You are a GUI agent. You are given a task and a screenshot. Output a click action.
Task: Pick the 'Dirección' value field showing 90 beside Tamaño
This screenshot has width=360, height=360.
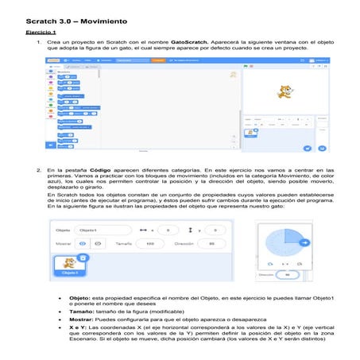pos(211,244)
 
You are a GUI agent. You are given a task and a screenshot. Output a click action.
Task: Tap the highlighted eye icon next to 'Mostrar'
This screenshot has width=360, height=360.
pos(85,244)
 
